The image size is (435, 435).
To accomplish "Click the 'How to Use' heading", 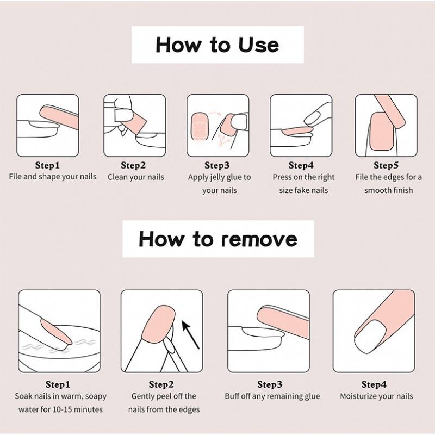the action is (x=217, y=45).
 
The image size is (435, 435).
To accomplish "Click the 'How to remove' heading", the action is (x=218, y=239).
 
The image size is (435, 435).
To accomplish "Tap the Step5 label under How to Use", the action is (x=386, y=165).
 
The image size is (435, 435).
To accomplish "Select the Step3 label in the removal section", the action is (x=270, y=384).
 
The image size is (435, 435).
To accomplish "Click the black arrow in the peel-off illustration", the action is (x=191, y=334).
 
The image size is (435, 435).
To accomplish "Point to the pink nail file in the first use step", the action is (x=59, y=117).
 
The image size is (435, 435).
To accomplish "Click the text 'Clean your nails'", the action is (x=136, y=177).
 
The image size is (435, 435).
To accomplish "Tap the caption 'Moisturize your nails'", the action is (x=376, y=396).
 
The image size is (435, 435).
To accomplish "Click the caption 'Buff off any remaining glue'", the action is (x=272, y=396).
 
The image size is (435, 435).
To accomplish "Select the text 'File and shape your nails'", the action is (x=53, y=177).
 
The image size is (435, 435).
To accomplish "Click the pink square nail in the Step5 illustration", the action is (x=382, y=131).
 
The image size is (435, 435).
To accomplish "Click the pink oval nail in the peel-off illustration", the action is (x=158, y=323).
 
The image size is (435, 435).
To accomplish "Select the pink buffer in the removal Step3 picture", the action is (x=283, y=322).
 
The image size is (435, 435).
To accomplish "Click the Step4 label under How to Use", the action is (x=301, y=165).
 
